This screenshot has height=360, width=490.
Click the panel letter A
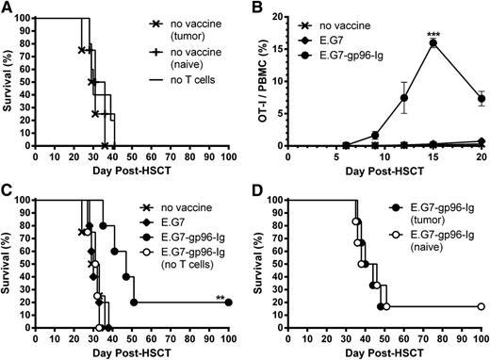[x=8, y=8]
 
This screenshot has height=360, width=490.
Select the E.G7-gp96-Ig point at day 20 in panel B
[x=481, y=98]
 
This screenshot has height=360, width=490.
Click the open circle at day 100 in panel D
[x=481, y=307]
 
